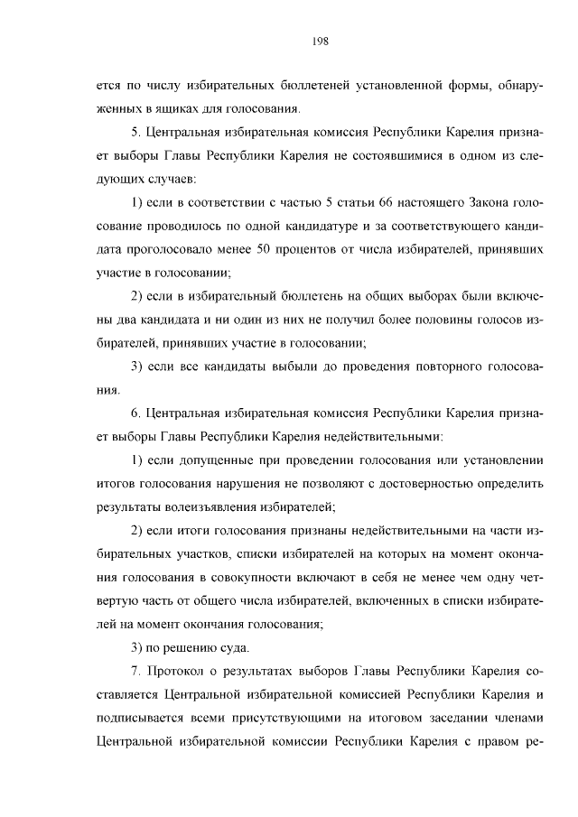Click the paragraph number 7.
pos(135,672)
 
